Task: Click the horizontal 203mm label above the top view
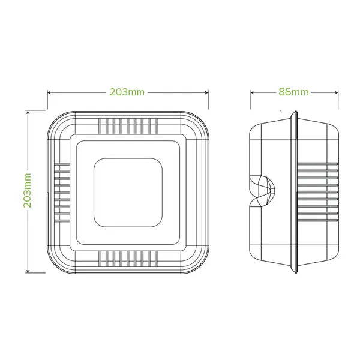click(127, 92)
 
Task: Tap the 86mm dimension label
click(293, 92)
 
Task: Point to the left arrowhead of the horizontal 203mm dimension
click(50, 92)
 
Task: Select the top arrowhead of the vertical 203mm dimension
click(28, 113)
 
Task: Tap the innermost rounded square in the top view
click(127, 191)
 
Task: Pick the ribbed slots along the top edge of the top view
click(127, 126)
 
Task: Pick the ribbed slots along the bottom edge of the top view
click(127, 259)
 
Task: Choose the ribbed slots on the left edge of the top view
click(62, 191)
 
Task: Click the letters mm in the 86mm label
click(301, 92)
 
